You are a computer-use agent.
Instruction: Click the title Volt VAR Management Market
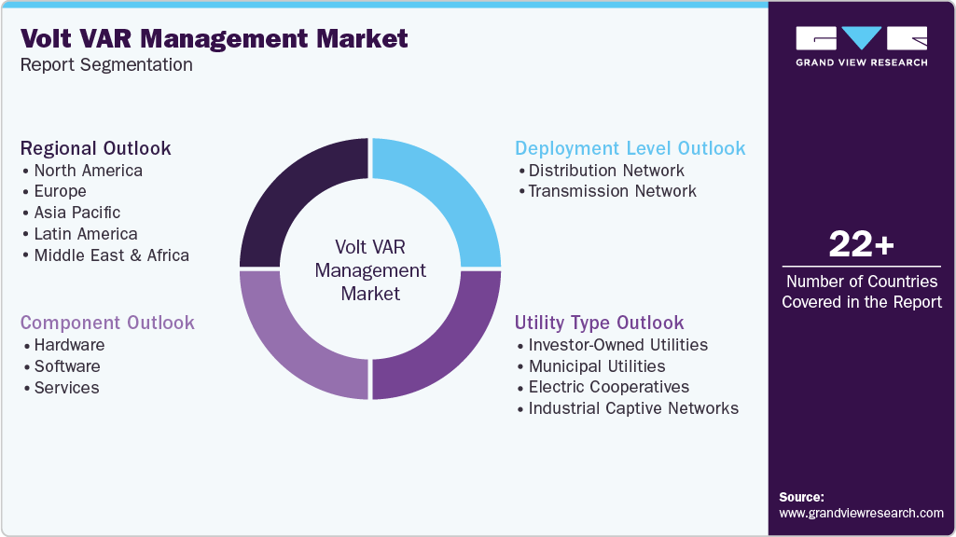pyautogui.click(x=214, y=38)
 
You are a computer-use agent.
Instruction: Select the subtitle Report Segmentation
pyautogui.click(x=106, y=65)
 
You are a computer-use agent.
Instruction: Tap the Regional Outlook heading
pyautogui.click(x=95, y=148)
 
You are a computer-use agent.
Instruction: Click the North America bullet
pyautogui.click(x=88, y=171)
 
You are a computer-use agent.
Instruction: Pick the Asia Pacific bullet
pyautogui.click(x=76, y=213)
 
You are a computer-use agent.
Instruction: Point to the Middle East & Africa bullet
pyautogui.click(x=111, y=255)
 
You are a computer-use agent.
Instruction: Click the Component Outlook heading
pyautogui.click(x=107, y=323)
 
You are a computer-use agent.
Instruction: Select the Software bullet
pyautogui.click(x=66, y=366)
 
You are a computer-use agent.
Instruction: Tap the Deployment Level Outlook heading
pyautogui.click(x=630, y=148)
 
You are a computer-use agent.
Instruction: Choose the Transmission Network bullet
pyautogui.click(x=612, y=191)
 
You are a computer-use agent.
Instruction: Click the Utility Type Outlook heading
pyautogui.click(x=599, y=323)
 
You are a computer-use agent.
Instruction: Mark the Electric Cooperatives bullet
pyautogui.click(x=608, y=387)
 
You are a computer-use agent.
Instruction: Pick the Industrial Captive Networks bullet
pyautogui.click(x=632, y=408)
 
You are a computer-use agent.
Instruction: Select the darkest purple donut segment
pyautogui.click(x=298, y=195)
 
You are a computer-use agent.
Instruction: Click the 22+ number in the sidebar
pyautogui.click(x=861, y=245)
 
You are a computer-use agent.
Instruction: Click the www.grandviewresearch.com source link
pyautogui.click(x=861, y=513)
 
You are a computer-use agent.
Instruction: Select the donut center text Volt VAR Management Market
pyautogui.click(x=370, y=269)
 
